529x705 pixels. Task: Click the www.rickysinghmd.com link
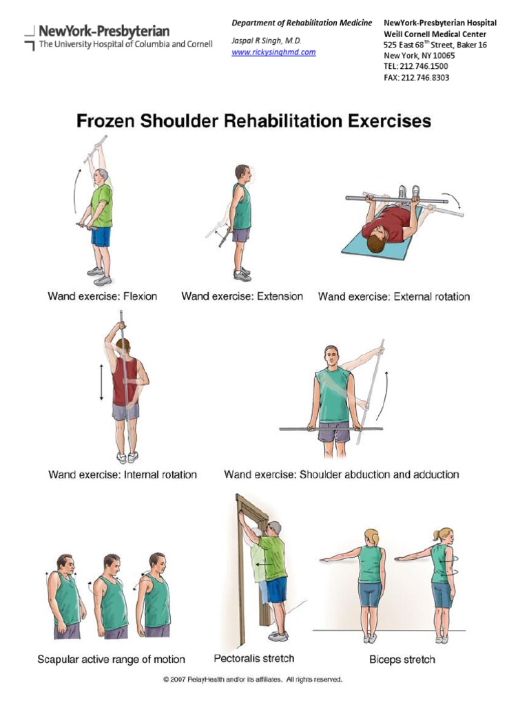click(x=273, y=52)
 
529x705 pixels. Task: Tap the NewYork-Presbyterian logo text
click(x=104, y=31)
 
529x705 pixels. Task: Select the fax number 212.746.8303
click(x=416, y=78)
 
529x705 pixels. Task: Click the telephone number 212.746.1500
click(x=416, y=67)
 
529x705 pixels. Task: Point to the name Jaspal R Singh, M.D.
click(x=267, y=41)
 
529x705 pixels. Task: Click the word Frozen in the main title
click(x=105, y=122)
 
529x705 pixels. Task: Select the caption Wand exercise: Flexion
click(x=102, y=297)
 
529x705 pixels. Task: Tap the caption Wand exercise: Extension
click(x=242, y=297)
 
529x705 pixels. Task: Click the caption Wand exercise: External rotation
click(x=393, y=297)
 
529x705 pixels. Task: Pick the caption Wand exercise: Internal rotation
click(x=123, y=474)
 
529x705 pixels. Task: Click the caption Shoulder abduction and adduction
click(x=341, y=474)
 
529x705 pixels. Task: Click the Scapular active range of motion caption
click(x=111, y=660)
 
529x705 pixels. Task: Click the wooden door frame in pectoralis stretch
click(x=243, y=565)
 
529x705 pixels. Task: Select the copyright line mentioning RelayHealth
click(x=252, y=680)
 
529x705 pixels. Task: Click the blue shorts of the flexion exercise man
click(x=101, y=237)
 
